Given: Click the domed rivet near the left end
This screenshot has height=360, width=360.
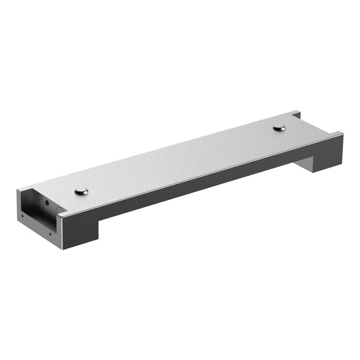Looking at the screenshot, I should (x=81, y=191).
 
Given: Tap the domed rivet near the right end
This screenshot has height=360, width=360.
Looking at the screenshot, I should (x=280, y=127).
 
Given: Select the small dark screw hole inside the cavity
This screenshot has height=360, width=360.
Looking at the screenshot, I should (x=47, y=202).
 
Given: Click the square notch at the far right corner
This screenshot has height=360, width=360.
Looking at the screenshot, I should (x=296, y=114).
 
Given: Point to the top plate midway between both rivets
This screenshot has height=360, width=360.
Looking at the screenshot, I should (x=180, y=159).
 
